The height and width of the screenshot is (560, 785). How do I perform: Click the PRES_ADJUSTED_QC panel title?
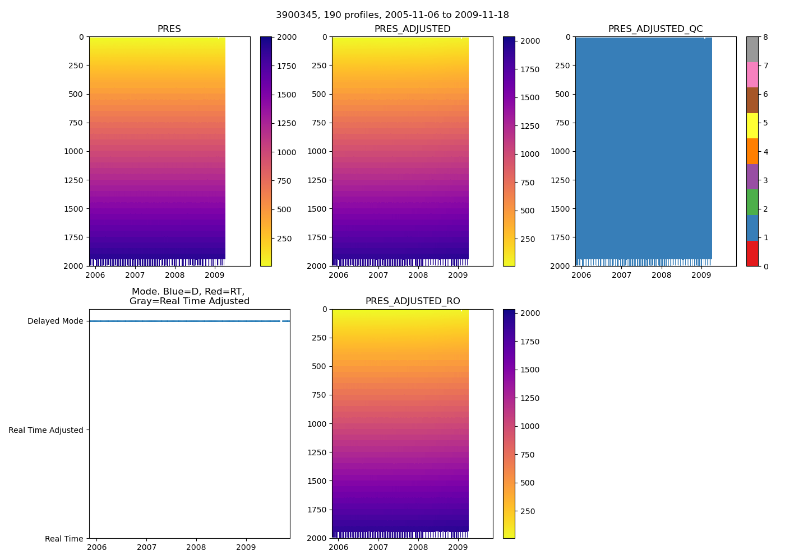pos(655,29)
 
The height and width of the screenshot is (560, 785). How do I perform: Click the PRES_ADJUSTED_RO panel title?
pos(412,301)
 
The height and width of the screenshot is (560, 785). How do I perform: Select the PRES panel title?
pos(169,29)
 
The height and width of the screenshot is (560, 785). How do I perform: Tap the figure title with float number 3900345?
pos(392,15)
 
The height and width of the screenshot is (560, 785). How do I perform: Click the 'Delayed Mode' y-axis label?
pos(55,321)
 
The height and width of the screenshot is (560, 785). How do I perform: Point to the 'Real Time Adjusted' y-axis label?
pos(46,430)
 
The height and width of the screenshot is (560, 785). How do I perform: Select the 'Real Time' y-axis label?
pos(64,539)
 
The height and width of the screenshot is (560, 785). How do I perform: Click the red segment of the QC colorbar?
pos(752,253)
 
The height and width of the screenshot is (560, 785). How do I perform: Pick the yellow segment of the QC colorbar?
pos(752,125)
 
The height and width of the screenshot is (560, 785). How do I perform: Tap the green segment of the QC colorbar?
pos(752,202)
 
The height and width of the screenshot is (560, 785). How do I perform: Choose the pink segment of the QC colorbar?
pos(752,74)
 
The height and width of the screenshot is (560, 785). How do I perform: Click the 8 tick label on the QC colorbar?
pos(765,38)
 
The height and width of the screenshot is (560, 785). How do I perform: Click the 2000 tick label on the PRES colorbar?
pos(287,38)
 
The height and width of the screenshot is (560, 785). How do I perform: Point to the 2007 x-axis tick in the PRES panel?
pos(135,275)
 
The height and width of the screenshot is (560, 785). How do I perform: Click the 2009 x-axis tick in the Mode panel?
pos(246,547)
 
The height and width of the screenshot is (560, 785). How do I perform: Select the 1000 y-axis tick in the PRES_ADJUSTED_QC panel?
pos(560,151)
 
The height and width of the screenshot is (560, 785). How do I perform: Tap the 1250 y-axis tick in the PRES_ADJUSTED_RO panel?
pos(317,452)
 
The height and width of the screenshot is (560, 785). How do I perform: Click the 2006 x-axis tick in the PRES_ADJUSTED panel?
pos(338,275)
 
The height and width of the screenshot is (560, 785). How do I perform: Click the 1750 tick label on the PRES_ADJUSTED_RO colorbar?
pos(529,342)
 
